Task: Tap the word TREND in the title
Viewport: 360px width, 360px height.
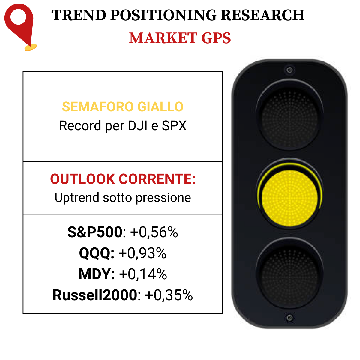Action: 79,15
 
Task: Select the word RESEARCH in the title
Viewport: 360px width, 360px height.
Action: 263,15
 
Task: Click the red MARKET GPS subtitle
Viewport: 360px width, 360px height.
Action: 180,38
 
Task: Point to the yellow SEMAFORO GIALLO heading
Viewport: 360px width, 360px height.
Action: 123,107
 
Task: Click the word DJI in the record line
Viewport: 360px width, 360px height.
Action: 138,125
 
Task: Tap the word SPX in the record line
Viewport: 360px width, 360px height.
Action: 174,125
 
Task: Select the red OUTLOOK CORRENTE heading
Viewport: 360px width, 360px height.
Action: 123,179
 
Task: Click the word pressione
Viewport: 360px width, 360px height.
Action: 163,198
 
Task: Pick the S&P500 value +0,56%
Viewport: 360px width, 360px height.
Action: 154,232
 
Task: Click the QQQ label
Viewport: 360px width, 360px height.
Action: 97,253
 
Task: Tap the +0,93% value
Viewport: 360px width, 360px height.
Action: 142,253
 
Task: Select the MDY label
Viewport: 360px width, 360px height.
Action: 97,274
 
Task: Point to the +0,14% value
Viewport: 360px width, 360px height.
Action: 143,274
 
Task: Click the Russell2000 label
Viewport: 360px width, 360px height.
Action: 95,295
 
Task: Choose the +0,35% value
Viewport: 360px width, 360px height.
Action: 169,295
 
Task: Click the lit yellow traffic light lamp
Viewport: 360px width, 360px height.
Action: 289,198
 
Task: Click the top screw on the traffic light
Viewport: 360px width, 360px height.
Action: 289,70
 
